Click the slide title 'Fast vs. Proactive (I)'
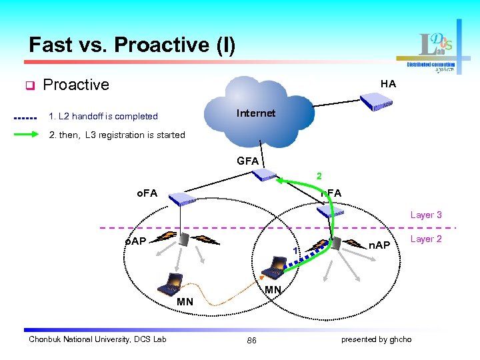(132, 45)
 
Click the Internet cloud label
(255, 113)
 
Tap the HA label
(388, 84)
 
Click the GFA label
(248, 161)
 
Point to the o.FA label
(147, 193)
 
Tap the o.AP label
(136, 241)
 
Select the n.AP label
(381, 245)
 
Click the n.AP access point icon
(336, 243)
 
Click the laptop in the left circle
(170, 283)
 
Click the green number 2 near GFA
(319, 177)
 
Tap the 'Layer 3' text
(425, 215)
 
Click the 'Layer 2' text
(425, 239)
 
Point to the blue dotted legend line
(25, 117)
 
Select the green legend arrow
(27, 135)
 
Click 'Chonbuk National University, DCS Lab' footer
(97, 340)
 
